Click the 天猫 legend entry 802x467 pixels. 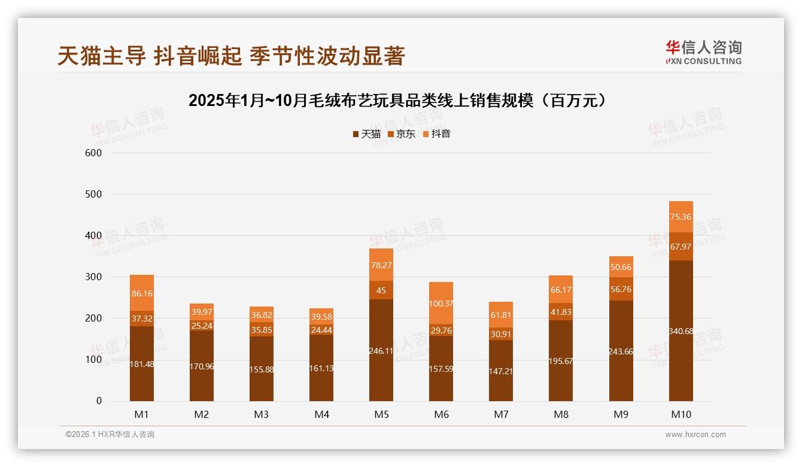click(366, 134)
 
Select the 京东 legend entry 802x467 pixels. click(402, 134)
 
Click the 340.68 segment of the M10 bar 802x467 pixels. click(681, 330)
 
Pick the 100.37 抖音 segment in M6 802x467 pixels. click(441, 304)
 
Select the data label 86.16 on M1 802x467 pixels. click(142, 293)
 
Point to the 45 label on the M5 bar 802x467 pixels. click(381, 291)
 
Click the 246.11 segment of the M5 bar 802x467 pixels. click(381, 350)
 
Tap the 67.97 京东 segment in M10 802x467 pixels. click(681, 247)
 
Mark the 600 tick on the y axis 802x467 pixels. click(94, 153)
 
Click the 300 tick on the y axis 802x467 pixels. click(94, 277)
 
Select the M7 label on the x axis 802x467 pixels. click(501, 414)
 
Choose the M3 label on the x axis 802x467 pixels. click(262, 414)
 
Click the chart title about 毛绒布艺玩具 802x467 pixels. click(400, 101)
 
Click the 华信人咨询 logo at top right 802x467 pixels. click(703, 52)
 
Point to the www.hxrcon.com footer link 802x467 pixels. click(695, 435)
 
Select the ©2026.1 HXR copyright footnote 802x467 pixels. click(110, 435)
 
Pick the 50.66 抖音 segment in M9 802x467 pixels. click(621, 267)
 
